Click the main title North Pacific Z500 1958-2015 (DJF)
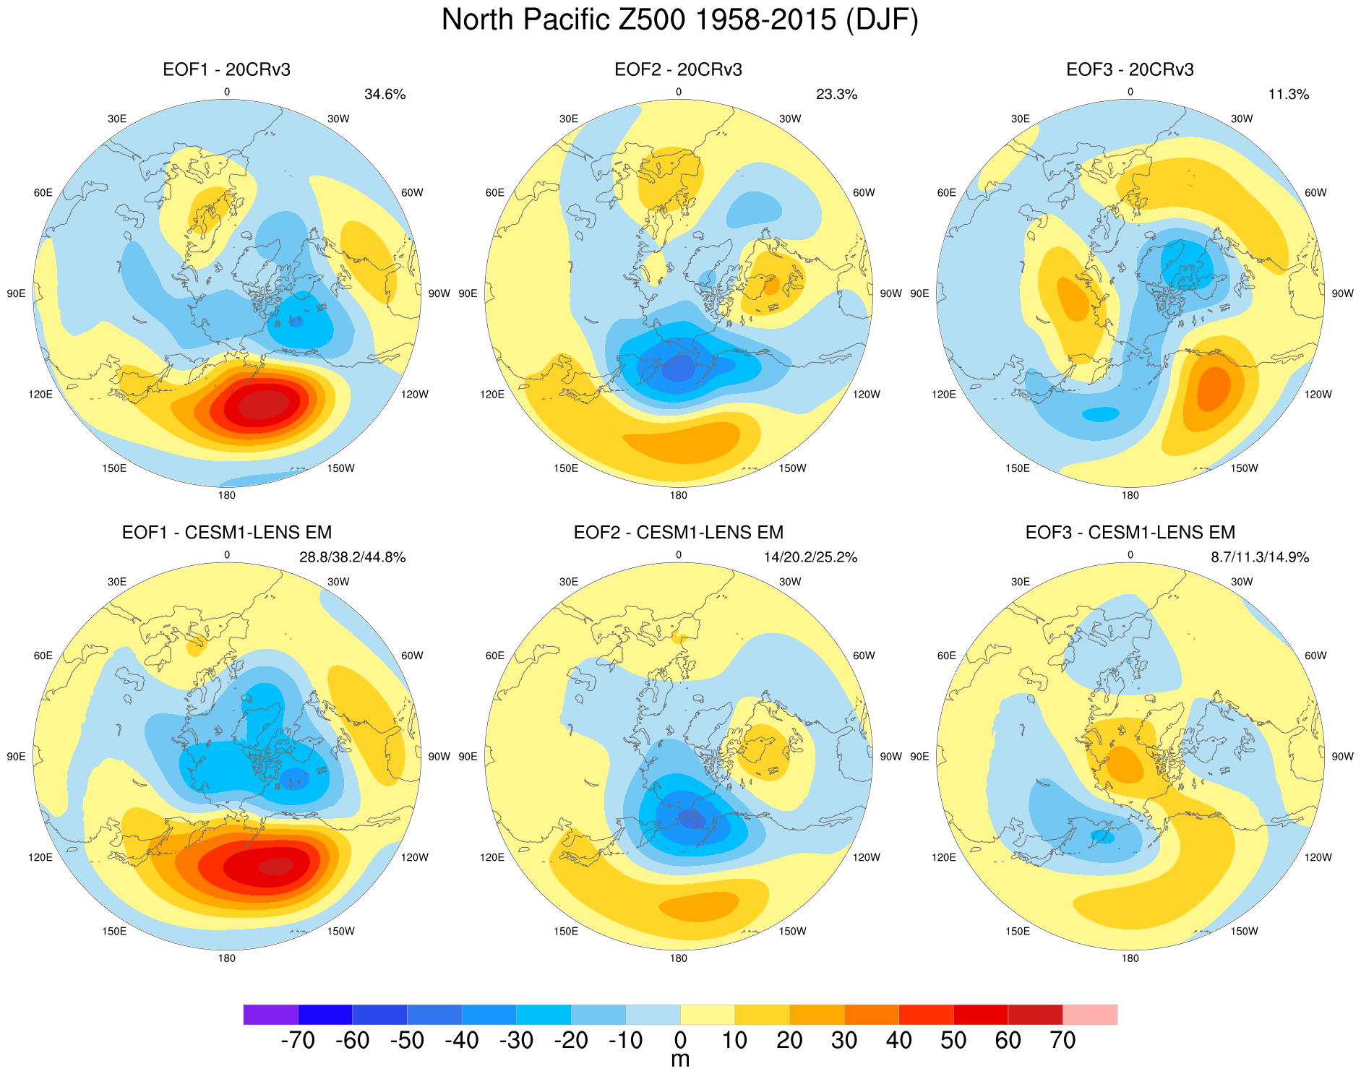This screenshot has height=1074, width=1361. pos(679,20)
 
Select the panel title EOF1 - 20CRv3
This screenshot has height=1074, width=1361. pos(226,70)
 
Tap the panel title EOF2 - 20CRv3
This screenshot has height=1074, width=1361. pos(678,70)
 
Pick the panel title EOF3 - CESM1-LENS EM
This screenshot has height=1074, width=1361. pos(1130,533)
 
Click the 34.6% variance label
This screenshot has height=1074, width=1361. pos(385,95)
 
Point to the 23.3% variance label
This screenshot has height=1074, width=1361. pos(836,95)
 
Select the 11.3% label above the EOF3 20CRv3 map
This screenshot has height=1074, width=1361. pos(1288,95)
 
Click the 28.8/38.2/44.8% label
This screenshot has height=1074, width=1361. pos(352,558)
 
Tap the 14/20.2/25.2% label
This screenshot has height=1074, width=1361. pos(810,558)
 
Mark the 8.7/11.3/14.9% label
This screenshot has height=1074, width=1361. pos(1259,558)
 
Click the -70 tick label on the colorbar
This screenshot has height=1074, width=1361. pos(297,1041)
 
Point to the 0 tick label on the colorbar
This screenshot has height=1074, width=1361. pos(680,1041)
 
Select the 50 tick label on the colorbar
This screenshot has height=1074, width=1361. pos(953,1041)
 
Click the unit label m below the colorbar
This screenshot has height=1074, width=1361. pos(680,1060)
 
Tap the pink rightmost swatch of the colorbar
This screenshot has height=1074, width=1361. pos(1090,1015)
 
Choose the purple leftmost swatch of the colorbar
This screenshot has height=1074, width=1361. pos(270,1015)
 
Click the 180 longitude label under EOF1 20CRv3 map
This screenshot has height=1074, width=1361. pos(226,496)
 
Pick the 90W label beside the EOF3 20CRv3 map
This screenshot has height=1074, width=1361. pos(1342,293)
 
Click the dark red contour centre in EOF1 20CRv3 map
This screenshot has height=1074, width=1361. pos(264,404)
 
